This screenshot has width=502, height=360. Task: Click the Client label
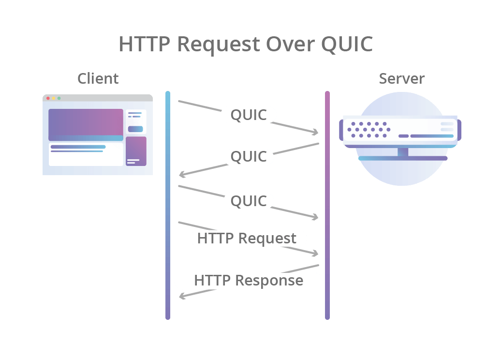(98, 78)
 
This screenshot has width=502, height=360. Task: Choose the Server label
(401, 78)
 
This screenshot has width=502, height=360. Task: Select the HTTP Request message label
(248, 239)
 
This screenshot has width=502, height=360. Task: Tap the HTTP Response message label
(248, 281)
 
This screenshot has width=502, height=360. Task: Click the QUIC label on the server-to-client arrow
(248, 157)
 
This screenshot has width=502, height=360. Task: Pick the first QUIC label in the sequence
(248, 115)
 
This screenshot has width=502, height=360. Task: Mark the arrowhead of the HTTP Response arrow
(182, 296)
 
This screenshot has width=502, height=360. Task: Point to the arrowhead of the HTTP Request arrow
(315, 254)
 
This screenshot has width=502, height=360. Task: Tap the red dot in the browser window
(48, 98)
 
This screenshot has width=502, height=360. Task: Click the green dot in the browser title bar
(59, 98)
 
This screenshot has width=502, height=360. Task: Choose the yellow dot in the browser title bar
(53, 98)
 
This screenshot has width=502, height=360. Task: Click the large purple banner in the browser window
(86, 124)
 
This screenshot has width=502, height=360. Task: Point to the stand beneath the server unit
(403, 154)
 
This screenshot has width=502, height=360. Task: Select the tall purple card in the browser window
(136, 151)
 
